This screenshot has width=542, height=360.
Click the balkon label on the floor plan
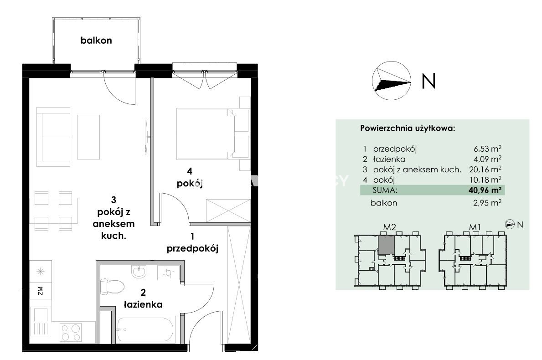(96, 41)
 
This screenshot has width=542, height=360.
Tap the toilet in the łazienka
(112, 287)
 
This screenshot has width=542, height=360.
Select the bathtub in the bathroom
(145, 329)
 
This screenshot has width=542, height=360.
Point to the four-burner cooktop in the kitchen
(71, 332)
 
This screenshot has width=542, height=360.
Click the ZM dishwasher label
(41, 291)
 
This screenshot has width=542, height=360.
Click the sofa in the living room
(53, 137)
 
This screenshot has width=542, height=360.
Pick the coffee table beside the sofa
(88, 137)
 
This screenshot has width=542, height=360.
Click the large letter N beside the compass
(428, 81)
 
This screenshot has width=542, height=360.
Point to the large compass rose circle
(392, 81)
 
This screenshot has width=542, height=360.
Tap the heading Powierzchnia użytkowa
(408, 129)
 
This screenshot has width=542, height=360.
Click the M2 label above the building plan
(390, 227)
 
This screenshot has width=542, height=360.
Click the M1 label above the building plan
(475, 227)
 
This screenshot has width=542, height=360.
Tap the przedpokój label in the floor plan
(192, 248)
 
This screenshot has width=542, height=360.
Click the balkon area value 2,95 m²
(487, 203)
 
